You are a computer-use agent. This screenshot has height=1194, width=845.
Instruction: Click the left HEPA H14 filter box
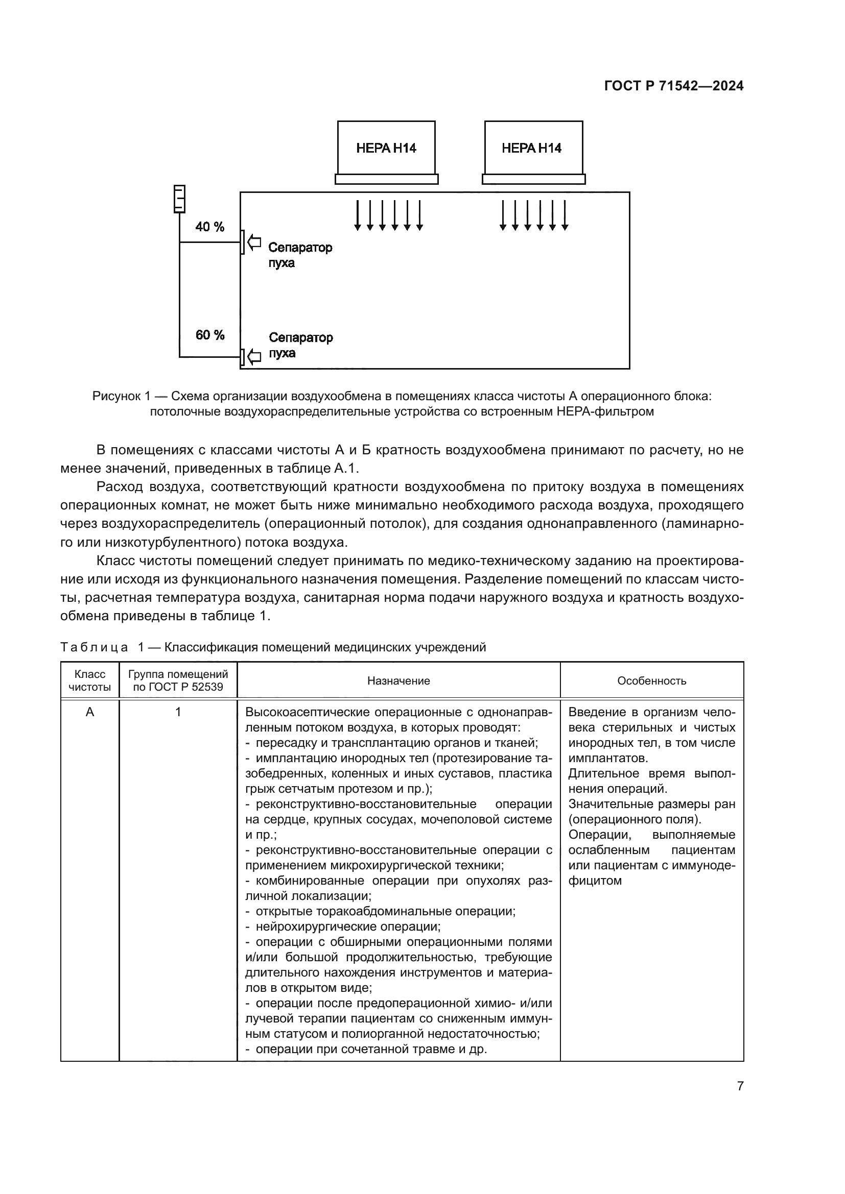point(386,148)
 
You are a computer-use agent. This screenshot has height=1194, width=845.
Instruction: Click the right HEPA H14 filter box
point(533,148)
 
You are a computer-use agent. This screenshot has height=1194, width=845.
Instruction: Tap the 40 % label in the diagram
point(209,227)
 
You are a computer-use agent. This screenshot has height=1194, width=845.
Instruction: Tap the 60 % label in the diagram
point(209,335)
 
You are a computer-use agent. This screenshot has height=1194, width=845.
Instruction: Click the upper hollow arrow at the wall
point(254,242)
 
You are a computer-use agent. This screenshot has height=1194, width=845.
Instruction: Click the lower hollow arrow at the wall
point(254,357)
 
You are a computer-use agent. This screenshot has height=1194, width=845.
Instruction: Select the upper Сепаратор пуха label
point(300,255)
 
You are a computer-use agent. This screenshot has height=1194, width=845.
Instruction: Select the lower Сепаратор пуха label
point(300,345)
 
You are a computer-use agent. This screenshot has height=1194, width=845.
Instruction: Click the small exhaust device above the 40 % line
point(179,199)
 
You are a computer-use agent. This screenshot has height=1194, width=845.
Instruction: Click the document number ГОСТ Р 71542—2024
point(673,86)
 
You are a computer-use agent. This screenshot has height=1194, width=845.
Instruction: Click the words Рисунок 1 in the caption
point(121,396)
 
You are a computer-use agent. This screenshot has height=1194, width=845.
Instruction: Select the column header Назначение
point(398,681)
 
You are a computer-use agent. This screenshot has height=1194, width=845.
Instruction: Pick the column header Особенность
point(651,681)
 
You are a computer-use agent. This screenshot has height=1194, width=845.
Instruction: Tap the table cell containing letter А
point(90,713)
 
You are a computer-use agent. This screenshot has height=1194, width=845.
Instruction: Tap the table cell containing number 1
point(178,713)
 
